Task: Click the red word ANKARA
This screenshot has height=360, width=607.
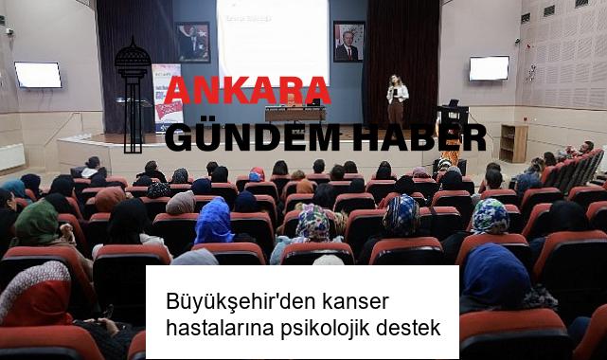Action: (x=247, y=91)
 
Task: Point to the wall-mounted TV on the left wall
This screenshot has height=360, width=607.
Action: (x=38, y=75)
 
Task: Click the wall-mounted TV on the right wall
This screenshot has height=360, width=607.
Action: (x=489, y=68)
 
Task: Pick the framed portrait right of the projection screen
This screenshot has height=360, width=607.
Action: (x=348, y=41)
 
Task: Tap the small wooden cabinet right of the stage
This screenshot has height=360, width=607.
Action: (x=513, y=143)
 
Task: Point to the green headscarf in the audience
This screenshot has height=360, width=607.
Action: (x=38, y=222)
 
